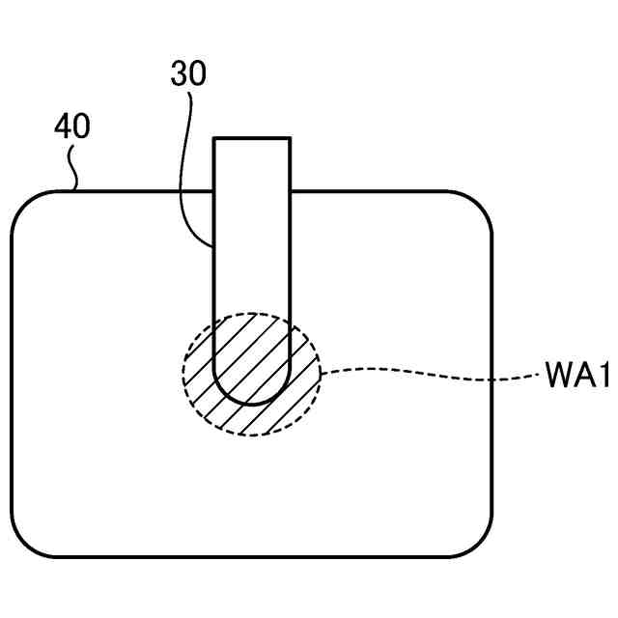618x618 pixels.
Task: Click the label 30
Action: pyautogui.click(x=188, y=74)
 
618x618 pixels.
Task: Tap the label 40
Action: pyautogui.click(x=72, y=127)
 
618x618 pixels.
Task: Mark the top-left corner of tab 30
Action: pyautogui.click(x=214, y=139)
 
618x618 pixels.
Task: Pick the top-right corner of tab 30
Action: pyautogui.click(x=291, y=139)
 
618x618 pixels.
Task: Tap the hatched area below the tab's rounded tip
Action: pyautogui.click(x=252, y=419)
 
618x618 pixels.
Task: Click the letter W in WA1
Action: pyautogui.click(x=555, y=376)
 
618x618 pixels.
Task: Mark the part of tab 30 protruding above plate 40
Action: pyautogui.click(x=252, y=164)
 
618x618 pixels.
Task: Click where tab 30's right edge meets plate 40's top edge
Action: pyautogui.click(x=291, y=191)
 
